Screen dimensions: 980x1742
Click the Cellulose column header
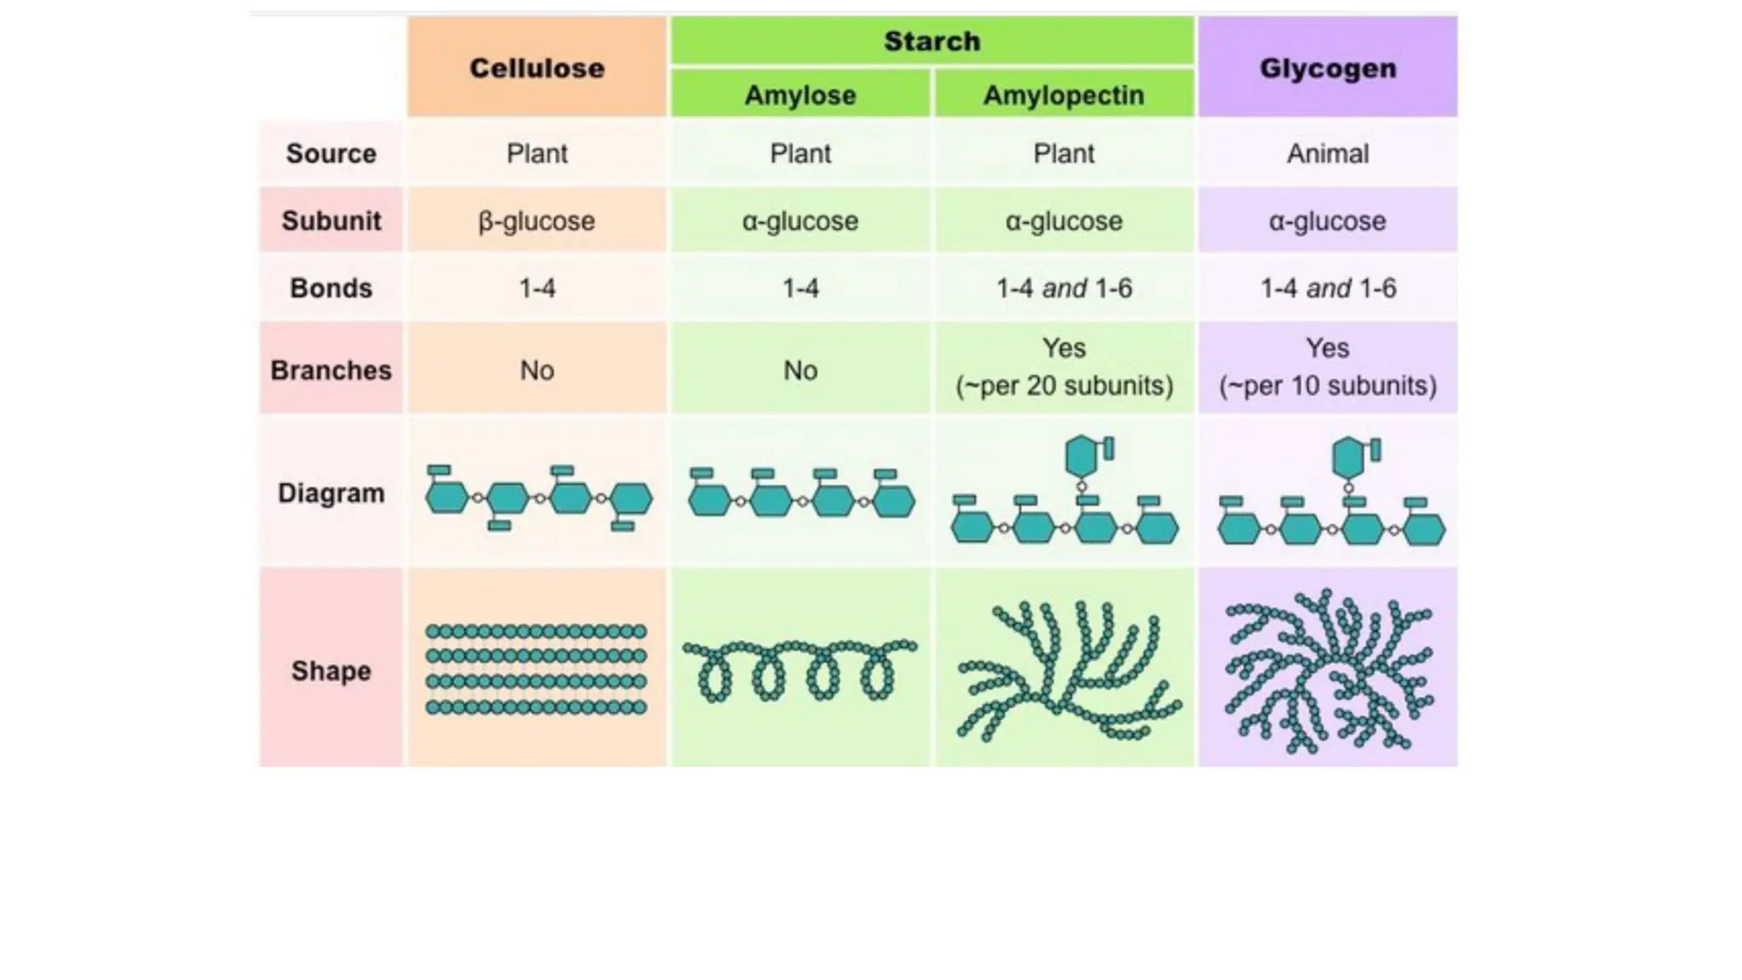point(537,68)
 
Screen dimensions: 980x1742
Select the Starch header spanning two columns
point(931,41)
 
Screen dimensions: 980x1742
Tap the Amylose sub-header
point(800,94)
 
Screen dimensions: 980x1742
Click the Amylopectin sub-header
point(1063,94)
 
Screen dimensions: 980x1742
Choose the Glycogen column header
point(1327,68)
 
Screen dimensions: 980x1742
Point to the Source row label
point(331,153)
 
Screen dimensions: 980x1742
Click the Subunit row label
point(331,220)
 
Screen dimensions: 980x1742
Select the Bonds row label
point(331,288)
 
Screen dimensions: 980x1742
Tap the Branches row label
point(331,370)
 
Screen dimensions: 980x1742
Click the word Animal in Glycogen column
point(1327,153)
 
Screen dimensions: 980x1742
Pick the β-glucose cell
point(537,220)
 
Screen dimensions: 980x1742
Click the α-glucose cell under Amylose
point(800,220)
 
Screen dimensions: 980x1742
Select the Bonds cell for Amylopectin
point(1063,288)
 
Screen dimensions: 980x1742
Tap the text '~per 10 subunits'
point(1327,385)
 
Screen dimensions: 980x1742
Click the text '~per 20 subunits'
point(1063,385)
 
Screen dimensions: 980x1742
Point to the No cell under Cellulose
point(537,370)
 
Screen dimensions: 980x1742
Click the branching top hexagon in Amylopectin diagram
point(1081,457)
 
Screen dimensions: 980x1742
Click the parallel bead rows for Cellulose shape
point(537,669)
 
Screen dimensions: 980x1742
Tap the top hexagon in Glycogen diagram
point(1347,459)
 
